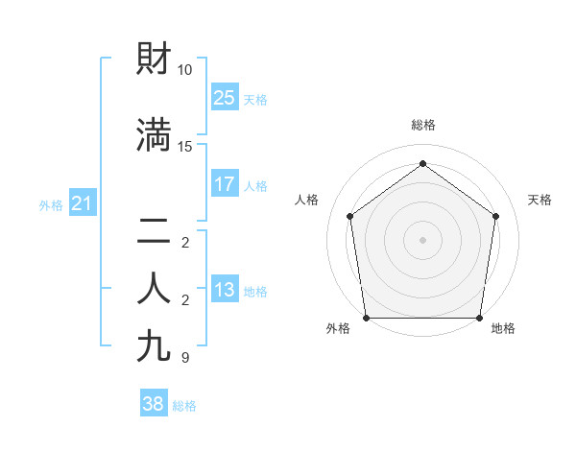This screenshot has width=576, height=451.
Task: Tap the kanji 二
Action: (155, 230)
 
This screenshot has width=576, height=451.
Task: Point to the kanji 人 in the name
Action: (155, 289)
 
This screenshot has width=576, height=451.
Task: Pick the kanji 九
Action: (155, 345)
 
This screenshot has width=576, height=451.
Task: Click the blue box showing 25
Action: (225, 97)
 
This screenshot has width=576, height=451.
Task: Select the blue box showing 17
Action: (225, 184)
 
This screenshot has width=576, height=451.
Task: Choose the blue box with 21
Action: (82, 202)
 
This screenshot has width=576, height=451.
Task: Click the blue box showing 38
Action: (154, 404)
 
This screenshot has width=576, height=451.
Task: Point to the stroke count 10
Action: (185, 70)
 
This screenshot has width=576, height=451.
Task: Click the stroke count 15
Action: (185, 146)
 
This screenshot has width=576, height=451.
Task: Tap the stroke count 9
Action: (184, 358)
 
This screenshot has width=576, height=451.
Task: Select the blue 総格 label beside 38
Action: (184, 406)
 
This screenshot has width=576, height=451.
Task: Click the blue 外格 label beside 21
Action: (51, 204)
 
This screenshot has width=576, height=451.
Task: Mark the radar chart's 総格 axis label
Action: (422, 125)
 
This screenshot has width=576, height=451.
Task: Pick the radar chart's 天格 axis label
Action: (540, 200)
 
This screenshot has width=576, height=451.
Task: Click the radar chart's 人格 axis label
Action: (306, 200)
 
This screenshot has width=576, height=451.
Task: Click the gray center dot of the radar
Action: (422, 239)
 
